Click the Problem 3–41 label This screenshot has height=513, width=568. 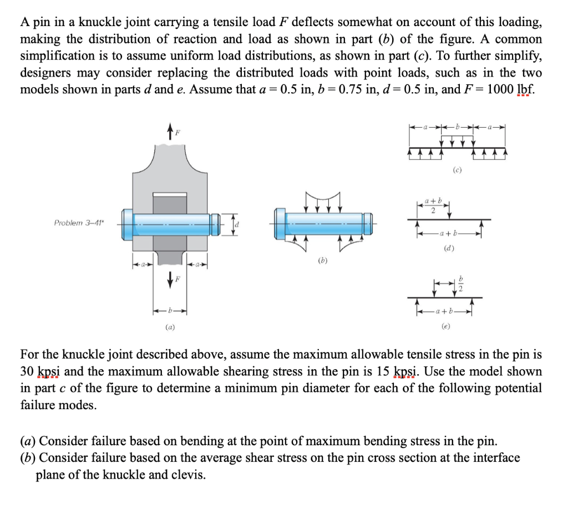tap(76, 223)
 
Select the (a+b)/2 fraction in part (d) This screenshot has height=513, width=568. tap(433, 204)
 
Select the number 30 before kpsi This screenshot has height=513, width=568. tap(28, 371)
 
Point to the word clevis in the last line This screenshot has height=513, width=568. tap(188, 475)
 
